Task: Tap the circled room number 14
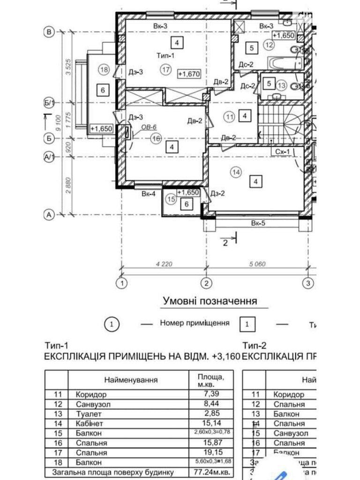coord(236,172)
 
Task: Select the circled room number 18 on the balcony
coord(104,70)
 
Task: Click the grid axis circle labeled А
coord(48,215)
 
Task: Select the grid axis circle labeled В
coord(48,31)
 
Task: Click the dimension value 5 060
coord(257,264)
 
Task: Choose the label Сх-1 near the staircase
coord(281,151)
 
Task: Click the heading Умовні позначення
coord(210,300)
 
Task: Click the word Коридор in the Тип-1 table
coord(91,394)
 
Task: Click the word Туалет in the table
coord(89,413)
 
